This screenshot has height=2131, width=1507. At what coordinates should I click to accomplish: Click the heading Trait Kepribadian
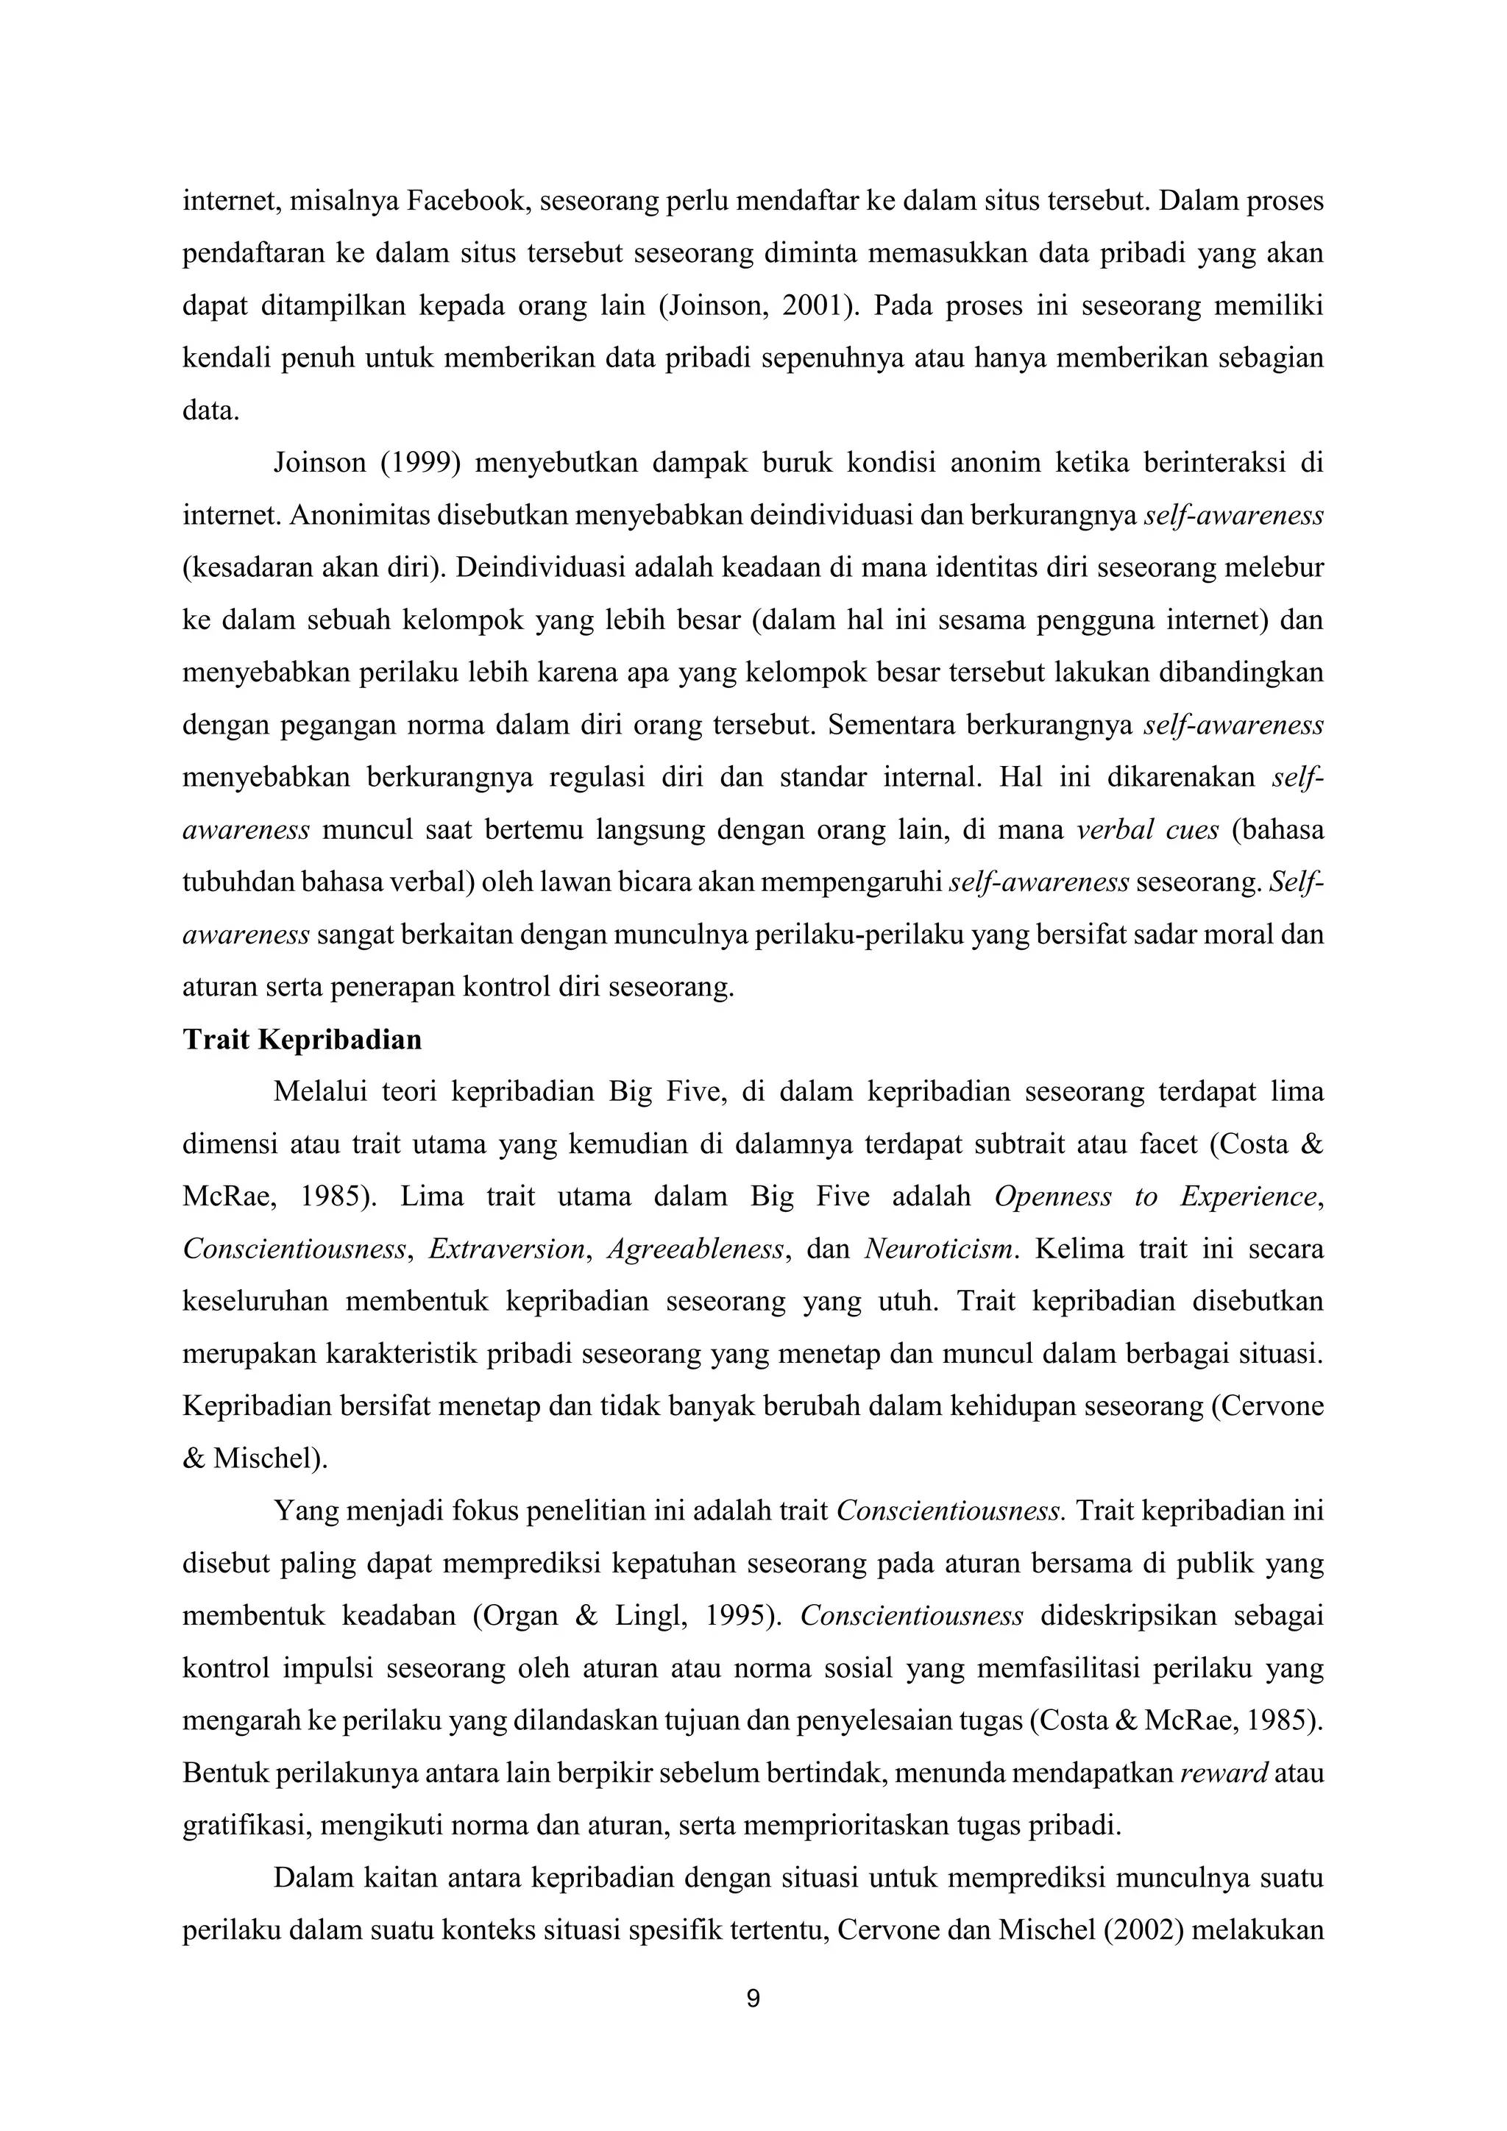[302, 1040]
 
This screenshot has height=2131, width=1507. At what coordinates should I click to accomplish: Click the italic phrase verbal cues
[1147, 830]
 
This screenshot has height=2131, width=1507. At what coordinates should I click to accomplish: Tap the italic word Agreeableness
[696, 1249]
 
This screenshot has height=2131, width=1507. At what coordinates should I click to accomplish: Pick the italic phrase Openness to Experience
[1155, 1196]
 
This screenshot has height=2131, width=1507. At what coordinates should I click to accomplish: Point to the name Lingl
[650, 1616]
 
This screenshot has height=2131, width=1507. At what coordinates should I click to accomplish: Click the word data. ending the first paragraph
[210, 411]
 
